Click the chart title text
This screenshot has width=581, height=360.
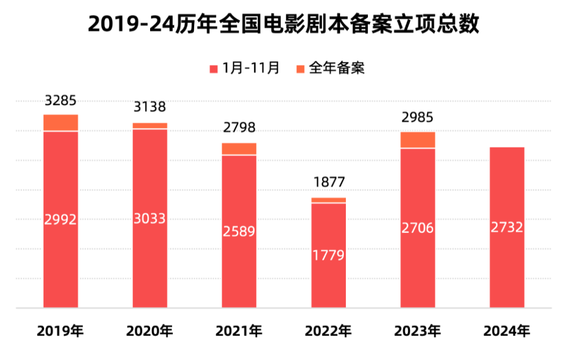[x=284, y=24]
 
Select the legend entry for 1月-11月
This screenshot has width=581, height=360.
[x=244, y=68]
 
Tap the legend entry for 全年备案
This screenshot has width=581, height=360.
[x=330, y=68]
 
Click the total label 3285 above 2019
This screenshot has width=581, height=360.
[x=60, y=101]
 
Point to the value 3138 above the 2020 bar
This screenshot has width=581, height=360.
[x=150, y=108]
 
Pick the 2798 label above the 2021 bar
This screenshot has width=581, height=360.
[x=239, y=128]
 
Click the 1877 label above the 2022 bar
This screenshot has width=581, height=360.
[x=329, y=182]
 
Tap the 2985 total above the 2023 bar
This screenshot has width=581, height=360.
[x=418, y=117]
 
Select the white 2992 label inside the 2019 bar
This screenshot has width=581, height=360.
[x=60, y=220]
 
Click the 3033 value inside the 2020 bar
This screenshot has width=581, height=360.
[x=150, y=218]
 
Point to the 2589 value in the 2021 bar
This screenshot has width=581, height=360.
[x=239, y=232]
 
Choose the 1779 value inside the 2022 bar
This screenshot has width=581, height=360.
[x=329, y=256]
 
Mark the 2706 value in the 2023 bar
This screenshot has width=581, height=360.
[x=418, y=228]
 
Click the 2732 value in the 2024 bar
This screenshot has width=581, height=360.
[x=507, y=228]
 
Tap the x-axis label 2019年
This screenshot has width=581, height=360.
[x=60, y=331]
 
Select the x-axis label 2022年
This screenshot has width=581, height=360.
[x=329, y=331]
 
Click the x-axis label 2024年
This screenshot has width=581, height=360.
[x=507, y=331]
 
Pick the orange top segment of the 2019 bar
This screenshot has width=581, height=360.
[x=60, y=123]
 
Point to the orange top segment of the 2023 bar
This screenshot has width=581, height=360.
[x=418, y=140]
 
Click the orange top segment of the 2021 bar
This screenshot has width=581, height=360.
[x=239, y=149]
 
